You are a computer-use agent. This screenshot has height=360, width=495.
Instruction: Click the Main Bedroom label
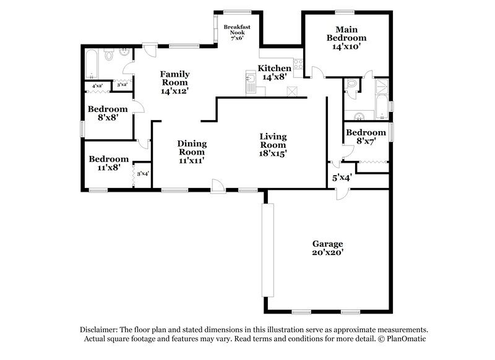[x=346, y=38]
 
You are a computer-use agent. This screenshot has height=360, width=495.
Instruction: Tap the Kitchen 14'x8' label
[x=274, y=73]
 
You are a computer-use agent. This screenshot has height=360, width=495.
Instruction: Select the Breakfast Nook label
[x=238, y=32]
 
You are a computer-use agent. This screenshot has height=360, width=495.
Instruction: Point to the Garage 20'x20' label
[x=327, y=248]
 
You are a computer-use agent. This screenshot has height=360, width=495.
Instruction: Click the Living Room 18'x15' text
[x=272, y=145]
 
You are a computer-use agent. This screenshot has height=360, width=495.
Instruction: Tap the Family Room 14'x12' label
[x=175, y=82]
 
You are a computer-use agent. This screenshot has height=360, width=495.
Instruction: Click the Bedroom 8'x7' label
[x=365, y=137]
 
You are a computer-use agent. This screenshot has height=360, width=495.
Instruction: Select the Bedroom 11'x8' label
[x=108, y=163]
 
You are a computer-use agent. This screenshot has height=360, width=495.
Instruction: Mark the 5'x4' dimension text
[x=342, y=178]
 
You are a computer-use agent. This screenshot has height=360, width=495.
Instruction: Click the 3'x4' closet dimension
[x=143, y=174]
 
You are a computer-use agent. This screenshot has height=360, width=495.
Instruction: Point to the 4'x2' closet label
[x=97, y=85]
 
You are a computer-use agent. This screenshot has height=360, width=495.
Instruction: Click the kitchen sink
[x=250, y=80]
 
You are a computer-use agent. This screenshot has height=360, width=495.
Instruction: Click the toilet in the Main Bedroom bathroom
[x=351, y=86]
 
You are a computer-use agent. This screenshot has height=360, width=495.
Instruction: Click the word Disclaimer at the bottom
[x=101, y=330]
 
